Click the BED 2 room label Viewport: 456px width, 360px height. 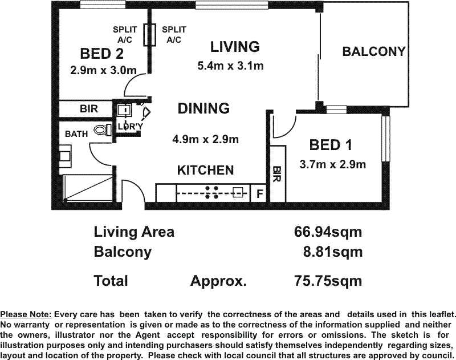(x=101, y=54)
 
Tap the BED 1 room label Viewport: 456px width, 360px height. (x=331, y=145)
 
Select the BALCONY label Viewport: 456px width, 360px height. (x=374, y=51)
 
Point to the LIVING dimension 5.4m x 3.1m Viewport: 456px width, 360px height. (x=230, y=66)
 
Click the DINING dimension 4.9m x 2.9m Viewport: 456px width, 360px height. (x=206, y=139)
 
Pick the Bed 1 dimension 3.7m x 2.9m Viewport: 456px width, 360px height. (x=333, y=165)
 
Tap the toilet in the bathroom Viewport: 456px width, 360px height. (x=103, y=130)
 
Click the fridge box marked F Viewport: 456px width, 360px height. (x=260, y=193)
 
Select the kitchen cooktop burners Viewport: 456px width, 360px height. (x=211, y=193)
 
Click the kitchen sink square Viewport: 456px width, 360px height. (x=238, y=193)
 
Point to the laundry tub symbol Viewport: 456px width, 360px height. (x=124, y=110)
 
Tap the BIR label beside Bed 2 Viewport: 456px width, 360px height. (x=89, y=109)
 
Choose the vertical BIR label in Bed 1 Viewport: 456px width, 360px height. (x=277, y=175)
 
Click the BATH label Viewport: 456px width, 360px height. (x=76, y=134)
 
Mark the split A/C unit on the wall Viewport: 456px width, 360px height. (x=149, y=35)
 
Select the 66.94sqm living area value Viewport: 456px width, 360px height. (x=328, y=232)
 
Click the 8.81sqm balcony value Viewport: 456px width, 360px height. (x=333, y=252)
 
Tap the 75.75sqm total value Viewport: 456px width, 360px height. (x=328, y=281)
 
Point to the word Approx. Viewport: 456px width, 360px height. (x=219, y=281)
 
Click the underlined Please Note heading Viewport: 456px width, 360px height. (x=26, y=314)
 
